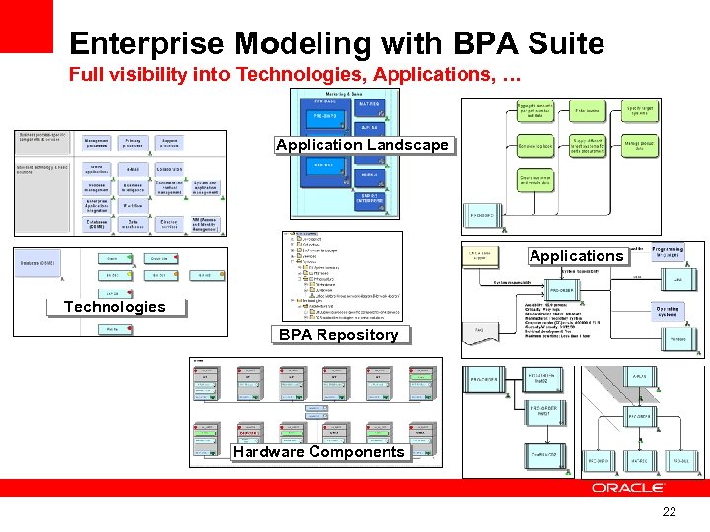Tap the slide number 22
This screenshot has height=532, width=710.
(x=670, y=512)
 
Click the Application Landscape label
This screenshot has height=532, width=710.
(x=362, y=145)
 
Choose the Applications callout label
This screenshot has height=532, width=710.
(x=576, y=256)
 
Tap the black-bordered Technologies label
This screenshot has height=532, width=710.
(x=114, y=307)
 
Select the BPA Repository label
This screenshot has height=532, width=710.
(x=338, y=335)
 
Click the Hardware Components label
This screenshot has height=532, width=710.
(x=319, y=452)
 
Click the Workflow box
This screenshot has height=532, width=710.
(x=132, y=205)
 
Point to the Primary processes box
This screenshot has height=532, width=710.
(x=132, y=143)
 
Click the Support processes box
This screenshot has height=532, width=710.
(x=169, y=143)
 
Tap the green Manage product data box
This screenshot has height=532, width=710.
(x=639, y=146)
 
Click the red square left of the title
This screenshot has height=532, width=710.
(x=26, y=26)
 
